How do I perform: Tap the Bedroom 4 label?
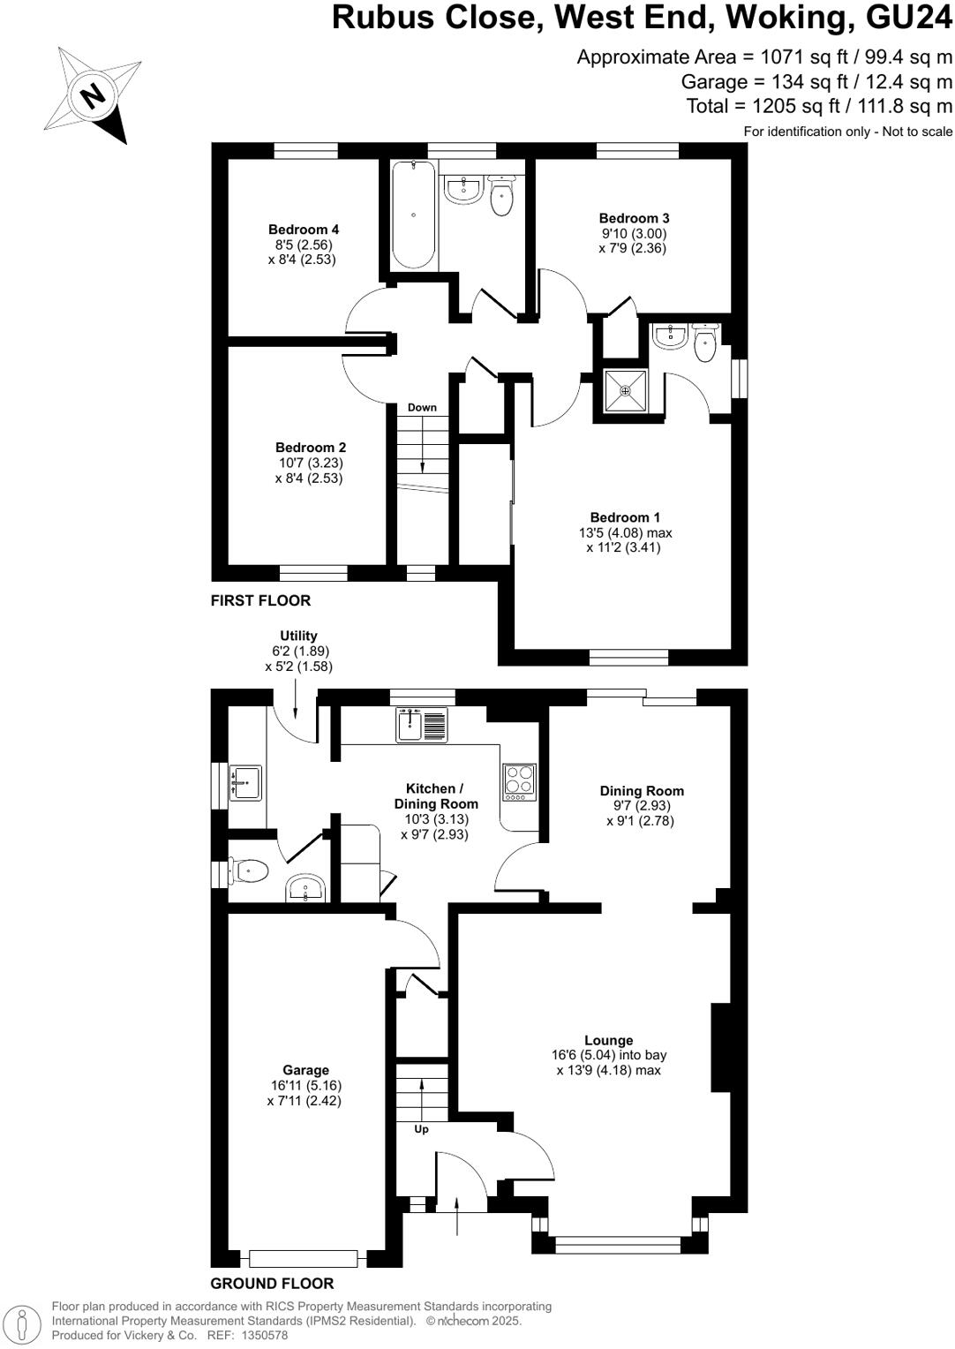click(x=304, y=230)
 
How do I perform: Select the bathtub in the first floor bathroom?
click(x=413, y=215)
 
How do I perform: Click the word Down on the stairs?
click(x=422, y=408)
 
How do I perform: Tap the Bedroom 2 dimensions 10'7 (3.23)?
click(x=309, y=463)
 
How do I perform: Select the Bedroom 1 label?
click(x=625, y=517)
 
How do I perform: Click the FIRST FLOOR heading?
click(x=260, y=600)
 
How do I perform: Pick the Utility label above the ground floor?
click(x=298, y=636)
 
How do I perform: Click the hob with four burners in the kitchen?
click(x=519, y=782)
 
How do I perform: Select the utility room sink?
click(x=245, y=782)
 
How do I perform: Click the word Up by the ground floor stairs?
click(x=422, y=1129)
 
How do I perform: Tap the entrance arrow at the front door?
click(x=457, y=1216)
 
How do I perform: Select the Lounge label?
click(x=608, y=1040)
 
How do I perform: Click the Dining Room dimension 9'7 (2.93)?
click(x=642, y=806)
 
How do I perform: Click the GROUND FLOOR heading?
click(x=272, y=1284)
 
